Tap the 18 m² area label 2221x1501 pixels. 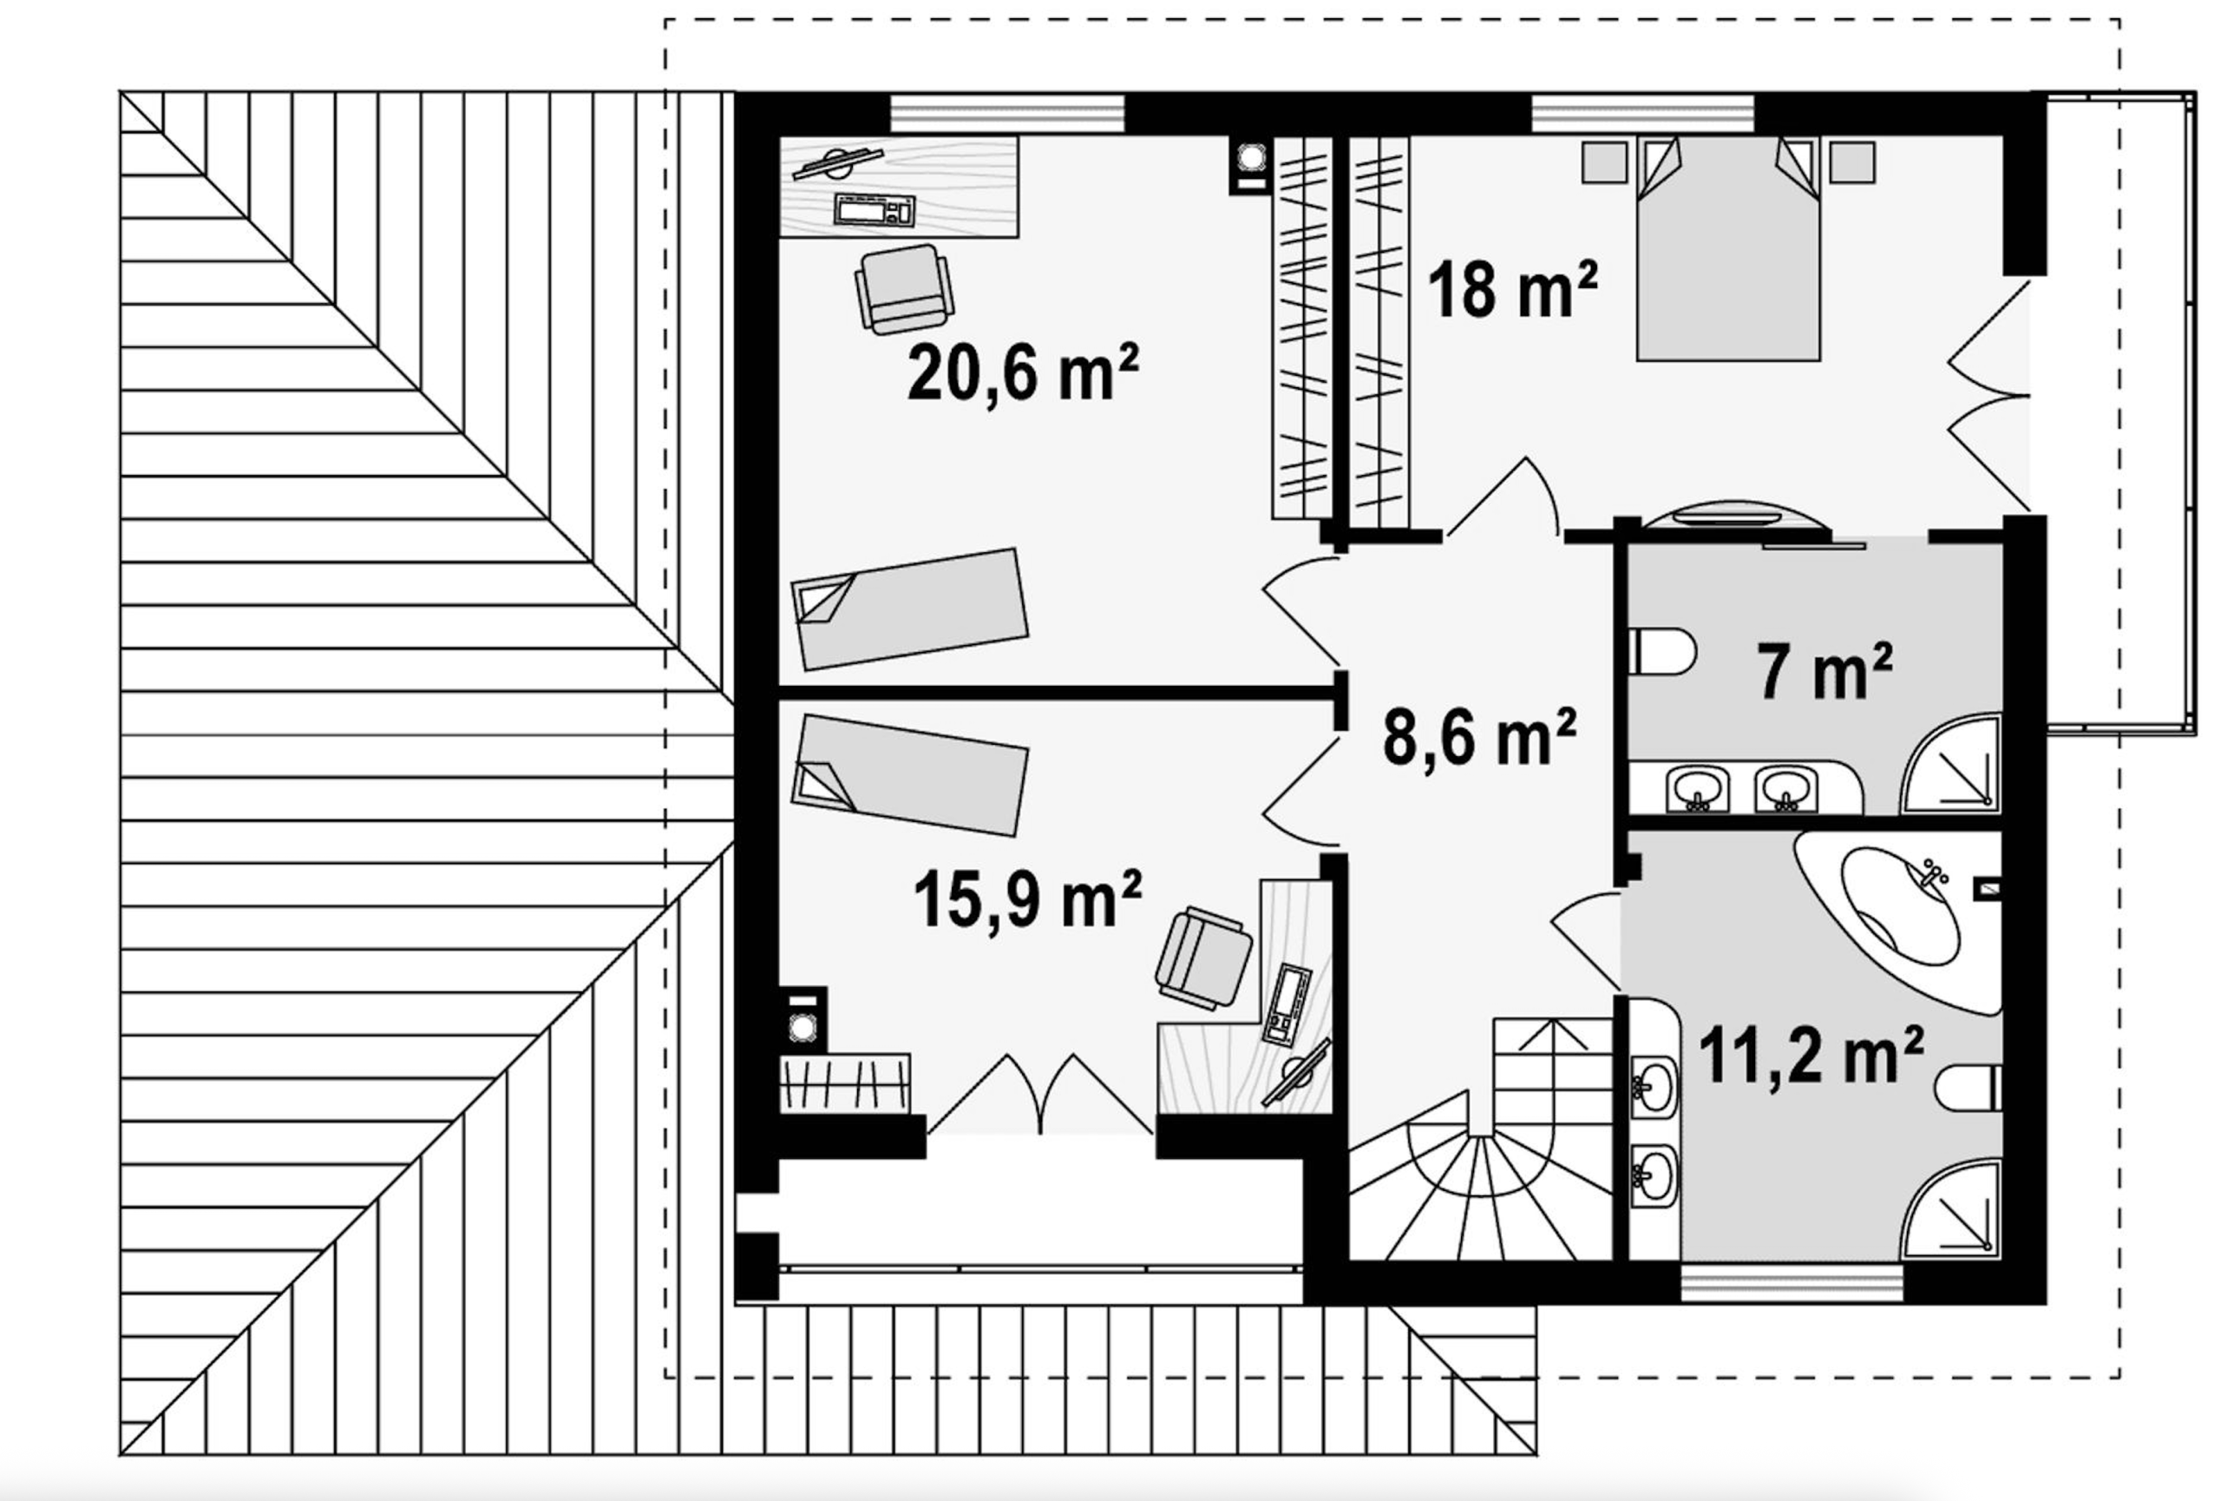click(x=1512, y=290)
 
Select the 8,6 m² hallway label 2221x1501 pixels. click(x=1479, y=737)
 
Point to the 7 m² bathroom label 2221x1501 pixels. click(x=1825, y=671)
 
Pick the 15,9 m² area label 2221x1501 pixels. click(x=1027, y=899)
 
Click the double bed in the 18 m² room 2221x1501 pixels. click(x=1728, y=248)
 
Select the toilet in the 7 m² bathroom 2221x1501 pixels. click(x=1663, y=651)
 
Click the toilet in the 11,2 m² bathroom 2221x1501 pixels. click(x=1969, y=1088)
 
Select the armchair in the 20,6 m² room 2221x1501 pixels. click(x=903, y=289)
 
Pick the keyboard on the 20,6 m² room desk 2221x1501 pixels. click(x=875, y=209)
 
